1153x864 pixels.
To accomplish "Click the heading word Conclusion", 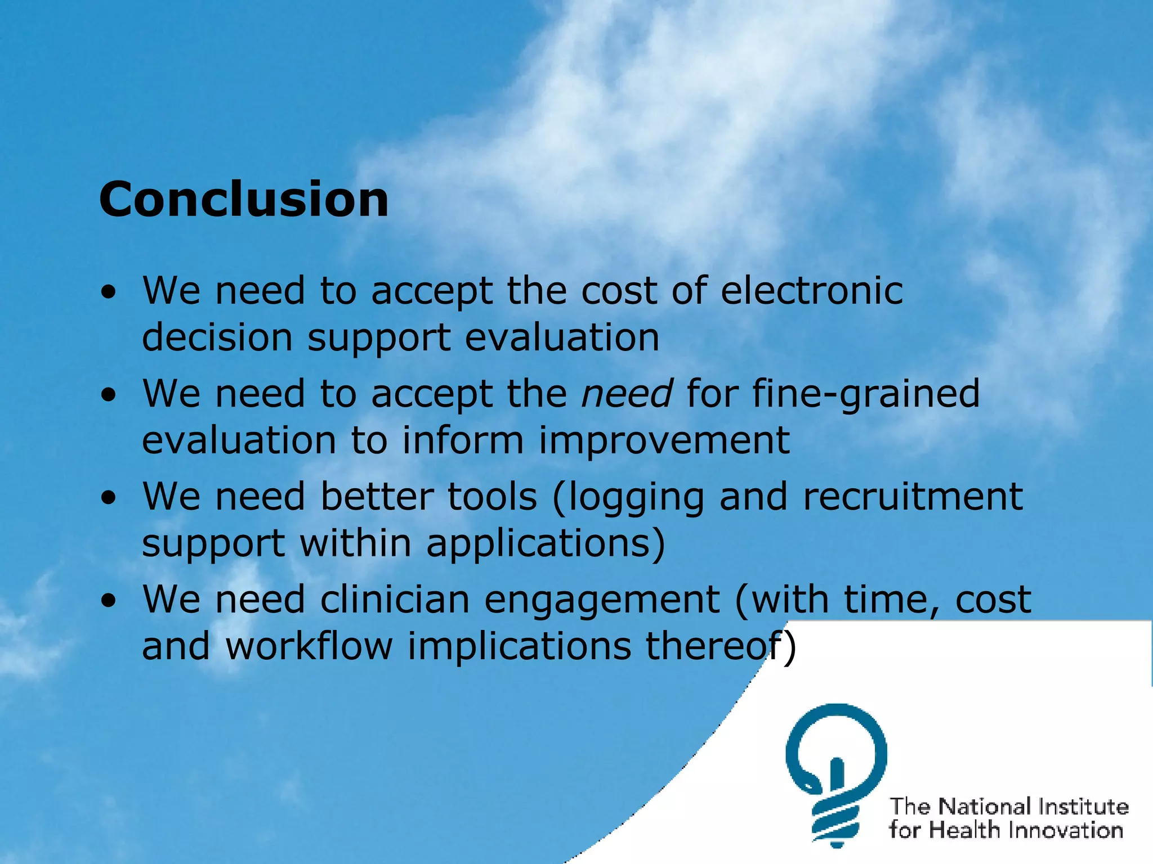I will [x=244, y=200].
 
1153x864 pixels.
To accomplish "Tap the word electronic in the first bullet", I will [x=812, y=291].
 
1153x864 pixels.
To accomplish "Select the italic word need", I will [x=627, y=393].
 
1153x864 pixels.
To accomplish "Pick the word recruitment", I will [x=913, y=497].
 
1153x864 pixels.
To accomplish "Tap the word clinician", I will [x=395, y=600].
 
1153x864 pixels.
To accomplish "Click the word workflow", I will [x=309, y=646].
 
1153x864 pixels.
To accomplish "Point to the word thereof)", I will [x=721, y=647].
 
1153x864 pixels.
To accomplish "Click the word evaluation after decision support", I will [x=562, y=337].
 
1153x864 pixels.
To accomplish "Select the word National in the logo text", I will [x=986, y=807].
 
